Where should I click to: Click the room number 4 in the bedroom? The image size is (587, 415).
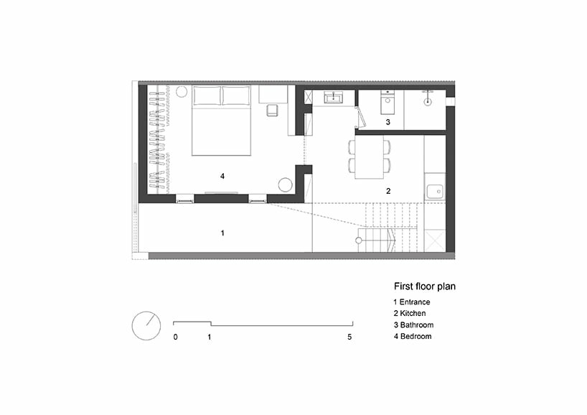[x=222, y=175]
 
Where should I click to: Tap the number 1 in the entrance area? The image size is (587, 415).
[x=222, y=233]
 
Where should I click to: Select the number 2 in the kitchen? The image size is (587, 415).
[x=388, y=191]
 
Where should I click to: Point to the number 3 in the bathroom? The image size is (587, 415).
[x=388, y=123]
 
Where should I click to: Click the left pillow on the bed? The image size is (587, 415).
[x=207, y=96]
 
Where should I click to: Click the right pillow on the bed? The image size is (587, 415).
[x=235, y=96]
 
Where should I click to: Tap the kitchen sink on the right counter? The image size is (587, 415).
[x=433, y=192]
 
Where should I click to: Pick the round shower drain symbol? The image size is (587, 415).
[x=427, y=102]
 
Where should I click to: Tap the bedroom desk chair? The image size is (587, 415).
[x=273, y=111]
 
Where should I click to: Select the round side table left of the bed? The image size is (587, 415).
[x=182, y=92]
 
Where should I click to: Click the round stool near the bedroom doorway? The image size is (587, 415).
[x=286, y=185]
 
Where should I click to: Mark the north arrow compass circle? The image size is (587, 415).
[x=146, y=325]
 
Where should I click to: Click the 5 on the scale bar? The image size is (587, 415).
[x=350, y=337]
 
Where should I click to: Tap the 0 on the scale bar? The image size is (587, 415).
[x=175, y=337]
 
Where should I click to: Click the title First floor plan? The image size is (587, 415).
[x=424, y=286]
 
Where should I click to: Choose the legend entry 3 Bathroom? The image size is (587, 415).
[x=413, y=325]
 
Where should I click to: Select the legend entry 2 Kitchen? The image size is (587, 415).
[x=409, y=313]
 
